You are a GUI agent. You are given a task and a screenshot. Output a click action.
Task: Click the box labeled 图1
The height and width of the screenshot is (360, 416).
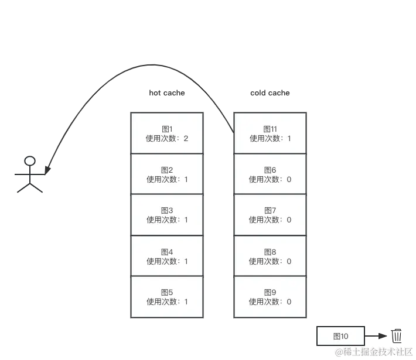167,133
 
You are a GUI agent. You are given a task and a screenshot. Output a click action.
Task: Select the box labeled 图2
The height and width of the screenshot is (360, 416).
167,174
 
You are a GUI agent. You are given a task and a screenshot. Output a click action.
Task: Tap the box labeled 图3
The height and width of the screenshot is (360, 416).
167,215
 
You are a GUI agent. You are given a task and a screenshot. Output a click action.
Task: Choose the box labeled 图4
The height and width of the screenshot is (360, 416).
167,256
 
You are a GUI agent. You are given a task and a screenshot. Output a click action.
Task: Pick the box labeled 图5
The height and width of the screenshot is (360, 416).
167,297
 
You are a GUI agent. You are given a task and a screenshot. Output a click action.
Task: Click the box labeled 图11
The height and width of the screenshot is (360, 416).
270,133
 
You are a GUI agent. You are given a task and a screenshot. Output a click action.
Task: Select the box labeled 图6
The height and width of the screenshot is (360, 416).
270,174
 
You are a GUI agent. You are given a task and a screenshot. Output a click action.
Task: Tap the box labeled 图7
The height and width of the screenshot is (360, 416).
270,215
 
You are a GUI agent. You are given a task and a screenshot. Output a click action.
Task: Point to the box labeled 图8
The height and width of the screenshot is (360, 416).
270,256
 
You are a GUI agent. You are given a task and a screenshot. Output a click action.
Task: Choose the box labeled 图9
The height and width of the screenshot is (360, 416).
270,297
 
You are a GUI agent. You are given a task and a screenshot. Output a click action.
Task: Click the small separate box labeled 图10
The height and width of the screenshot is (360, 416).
340,336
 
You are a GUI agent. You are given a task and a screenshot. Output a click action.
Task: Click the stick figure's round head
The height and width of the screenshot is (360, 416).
29,160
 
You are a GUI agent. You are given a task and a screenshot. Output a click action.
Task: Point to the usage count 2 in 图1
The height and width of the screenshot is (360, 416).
186,139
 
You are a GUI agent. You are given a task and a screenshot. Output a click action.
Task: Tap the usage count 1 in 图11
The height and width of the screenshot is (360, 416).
289,139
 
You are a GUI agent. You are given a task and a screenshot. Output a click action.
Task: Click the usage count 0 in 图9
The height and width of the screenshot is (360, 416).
289,302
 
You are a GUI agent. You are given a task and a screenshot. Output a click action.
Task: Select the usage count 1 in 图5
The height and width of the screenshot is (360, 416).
186,302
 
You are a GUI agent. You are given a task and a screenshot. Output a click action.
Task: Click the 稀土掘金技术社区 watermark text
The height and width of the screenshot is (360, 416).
371,351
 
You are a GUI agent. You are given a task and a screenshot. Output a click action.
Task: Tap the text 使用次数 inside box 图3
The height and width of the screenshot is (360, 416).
162,220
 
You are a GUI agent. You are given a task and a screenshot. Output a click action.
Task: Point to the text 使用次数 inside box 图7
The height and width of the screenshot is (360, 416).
265,220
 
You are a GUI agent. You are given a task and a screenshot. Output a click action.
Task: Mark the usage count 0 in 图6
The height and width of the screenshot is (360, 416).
289,180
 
